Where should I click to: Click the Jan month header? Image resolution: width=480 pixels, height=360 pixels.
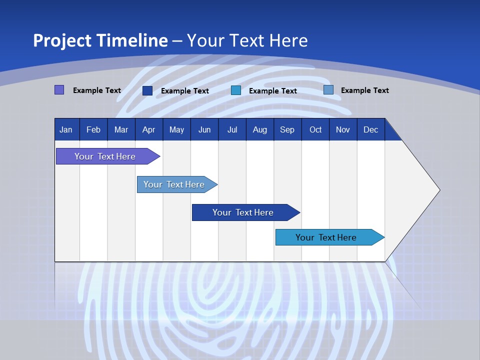coord(66,129)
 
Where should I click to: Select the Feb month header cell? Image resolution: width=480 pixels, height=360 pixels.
coord(93,129)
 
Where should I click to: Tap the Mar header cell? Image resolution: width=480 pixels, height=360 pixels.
coord(121,129)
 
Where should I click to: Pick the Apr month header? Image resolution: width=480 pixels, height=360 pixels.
coord(149,129)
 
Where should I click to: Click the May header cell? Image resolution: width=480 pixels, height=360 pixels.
coord(176,129)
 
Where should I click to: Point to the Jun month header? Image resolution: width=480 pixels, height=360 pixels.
coord(204,129)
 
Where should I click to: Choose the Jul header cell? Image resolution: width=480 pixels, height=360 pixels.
coord(232,129)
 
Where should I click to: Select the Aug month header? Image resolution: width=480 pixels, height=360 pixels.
coord(260,129)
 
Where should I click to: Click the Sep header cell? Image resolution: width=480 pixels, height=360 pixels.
coord(287,129)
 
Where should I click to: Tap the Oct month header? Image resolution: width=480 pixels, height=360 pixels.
coord(315,129)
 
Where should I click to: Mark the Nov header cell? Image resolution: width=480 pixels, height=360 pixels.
coord(343,129)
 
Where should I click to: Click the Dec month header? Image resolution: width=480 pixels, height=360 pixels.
coord(371,129)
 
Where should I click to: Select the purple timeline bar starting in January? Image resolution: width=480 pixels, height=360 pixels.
coord(105,156)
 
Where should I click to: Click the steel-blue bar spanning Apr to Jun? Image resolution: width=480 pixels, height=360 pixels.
coord(174,184)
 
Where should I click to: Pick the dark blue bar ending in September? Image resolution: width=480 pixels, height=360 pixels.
coord(243,212)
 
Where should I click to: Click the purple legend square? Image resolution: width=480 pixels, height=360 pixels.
coord(59,90)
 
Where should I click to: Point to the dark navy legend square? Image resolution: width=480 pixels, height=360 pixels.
coord(147,90)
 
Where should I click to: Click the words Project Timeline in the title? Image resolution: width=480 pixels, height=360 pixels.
coord(100,40)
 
